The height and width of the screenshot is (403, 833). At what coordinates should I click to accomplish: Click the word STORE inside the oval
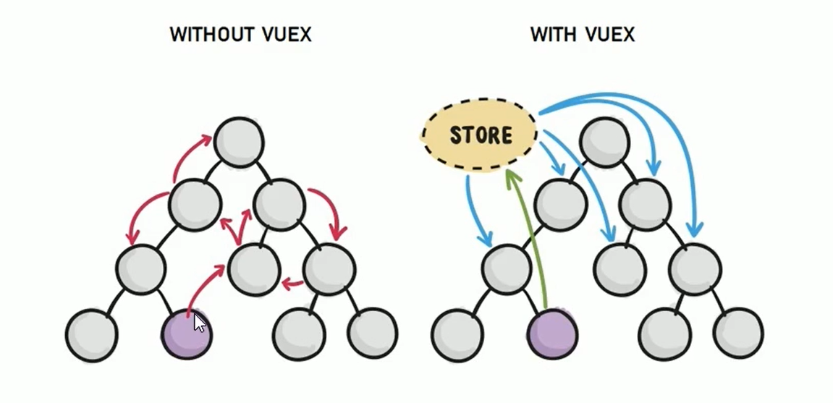pyautogui.click(x=481, y=135)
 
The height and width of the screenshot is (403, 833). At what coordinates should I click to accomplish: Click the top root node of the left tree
pyautogui.click(x=239, y=140)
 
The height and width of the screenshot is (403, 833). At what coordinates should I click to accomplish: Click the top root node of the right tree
pyautogui.click(x=605, y=140)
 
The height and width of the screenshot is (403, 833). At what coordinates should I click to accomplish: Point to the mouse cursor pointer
pyautogui.click(x=200, y=323)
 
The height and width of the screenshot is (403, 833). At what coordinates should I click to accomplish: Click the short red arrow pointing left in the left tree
pyautogui.click(x=292, y=283)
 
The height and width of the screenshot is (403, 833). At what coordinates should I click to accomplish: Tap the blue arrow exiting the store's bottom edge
pyautogui.click(x=474, y=210)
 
